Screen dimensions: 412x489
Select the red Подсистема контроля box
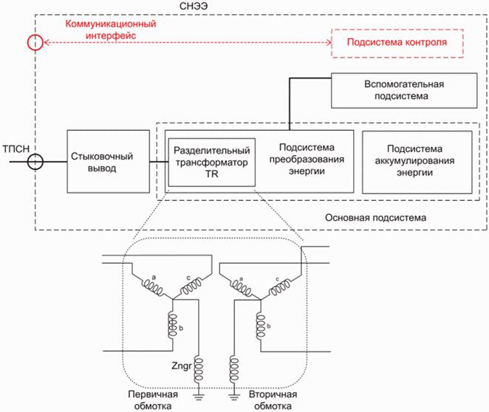(397, 43)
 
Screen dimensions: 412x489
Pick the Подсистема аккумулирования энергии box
(417, 161)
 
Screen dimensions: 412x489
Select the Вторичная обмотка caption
(273, 400)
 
